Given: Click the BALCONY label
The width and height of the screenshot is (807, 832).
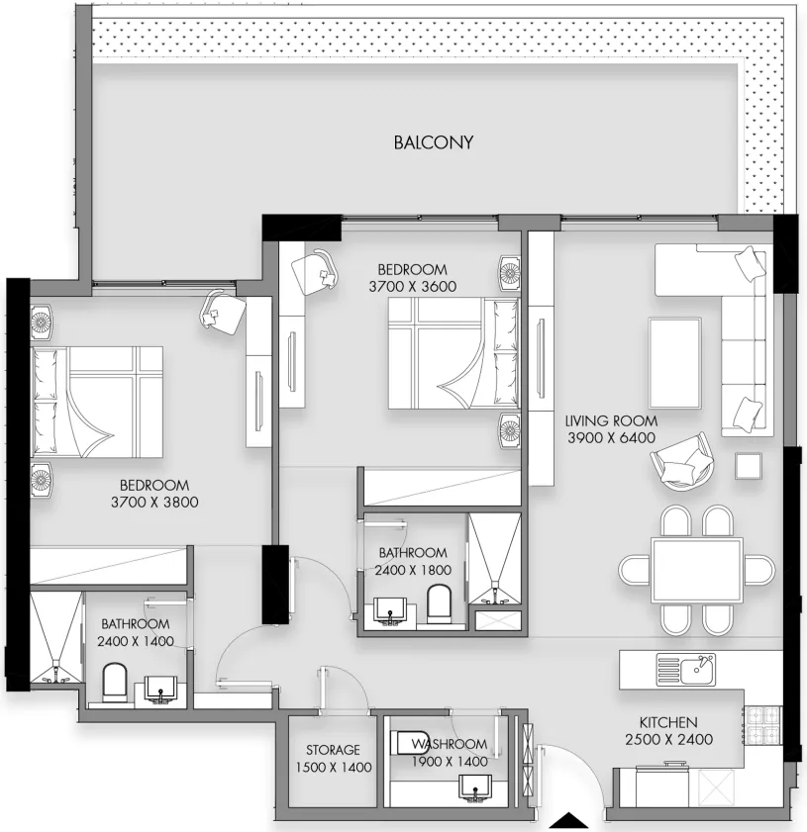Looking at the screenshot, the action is (x=434, y=142).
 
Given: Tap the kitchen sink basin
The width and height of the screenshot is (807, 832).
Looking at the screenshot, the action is (x=685, y=670).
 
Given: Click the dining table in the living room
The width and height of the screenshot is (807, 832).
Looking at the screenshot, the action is (x=696, y=571).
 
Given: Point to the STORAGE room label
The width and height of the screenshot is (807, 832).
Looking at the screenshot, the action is (x=333, y=750).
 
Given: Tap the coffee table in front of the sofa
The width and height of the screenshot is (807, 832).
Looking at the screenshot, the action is (x=674, y=363).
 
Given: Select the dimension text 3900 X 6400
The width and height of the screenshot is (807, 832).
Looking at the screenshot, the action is (x=611, y=437).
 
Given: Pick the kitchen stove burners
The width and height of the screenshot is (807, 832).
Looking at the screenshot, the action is (x=762, y=725).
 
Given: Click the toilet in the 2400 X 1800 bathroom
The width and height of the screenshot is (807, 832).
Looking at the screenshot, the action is (x=439, y=603).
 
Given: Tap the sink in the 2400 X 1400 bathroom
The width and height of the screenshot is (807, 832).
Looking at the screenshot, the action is (x=161, y=690).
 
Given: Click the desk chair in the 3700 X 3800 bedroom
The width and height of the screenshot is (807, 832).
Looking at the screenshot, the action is (x=223, y=313).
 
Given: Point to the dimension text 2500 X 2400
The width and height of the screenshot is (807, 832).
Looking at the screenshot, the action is (x=668, y=739).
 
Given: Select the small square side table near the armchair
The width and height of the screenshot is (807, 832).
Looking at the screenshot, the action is (x=749, y=466).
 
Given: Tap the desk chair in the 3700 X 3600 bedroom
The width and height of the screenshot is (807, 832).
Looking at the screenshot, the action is (x=315, y=272).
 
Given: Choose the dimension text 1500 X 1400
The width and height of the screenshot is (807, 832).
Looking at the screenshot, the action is (x=334, y=767).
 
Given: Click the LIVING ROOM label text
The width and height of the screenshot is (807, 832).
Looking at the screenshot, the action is (x=611, y=420).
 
